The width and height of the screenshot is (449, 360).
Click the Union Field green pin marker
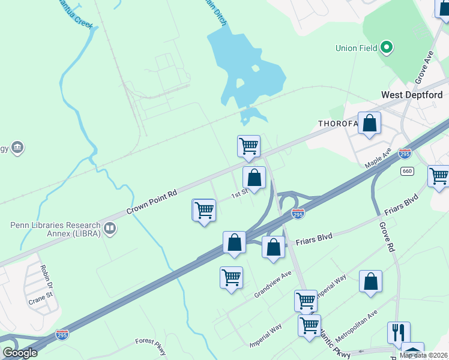387,46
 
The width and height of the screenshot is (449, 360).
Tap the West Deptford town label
412,95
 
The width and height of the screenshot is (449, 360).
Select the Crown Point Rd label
152,203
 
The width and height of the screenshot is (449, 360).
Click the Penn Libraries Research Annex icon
110,228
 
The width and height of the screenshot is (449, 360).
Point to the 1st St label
240,194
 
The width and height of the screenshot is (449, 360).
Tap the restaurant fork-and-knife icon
399,332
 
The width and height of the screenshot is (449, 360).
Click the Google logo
20,353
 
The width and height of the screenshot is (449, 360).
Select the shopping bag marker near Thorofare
369,124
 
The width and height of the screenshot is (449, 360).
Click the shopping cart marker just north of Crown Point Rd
249,146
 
